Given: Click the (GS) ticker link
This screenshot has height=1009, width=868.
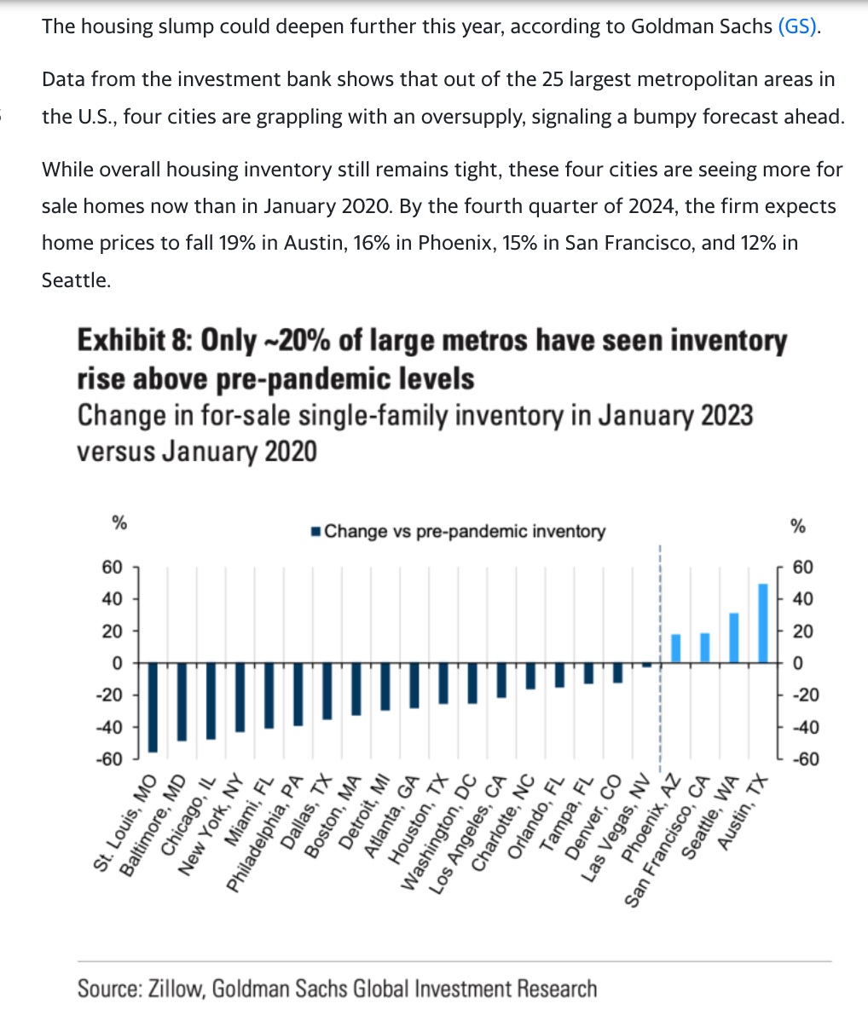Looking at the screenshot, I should pos(798,26).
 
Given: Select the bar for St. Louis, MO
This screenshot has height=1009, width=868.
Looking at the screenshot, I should pos(152,707).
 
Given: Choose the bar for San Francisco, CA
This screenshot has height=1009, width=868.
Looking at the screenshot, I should pos(705,648).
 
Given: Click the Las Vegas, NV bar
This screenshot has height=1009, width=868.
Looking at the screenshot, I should pos(646,666).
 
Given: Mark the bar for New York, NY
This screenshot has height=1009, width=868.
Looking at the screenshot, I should pos(240,697).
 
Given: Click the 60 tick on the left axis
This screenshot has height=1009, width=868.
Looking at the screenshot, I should pos(113,568).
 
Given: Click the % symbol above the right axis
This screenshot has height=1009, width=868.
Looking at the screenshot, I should pos(798,526).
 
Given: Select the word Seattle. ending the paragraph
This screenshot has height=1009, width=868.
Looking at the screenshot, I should pos(76,280).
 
